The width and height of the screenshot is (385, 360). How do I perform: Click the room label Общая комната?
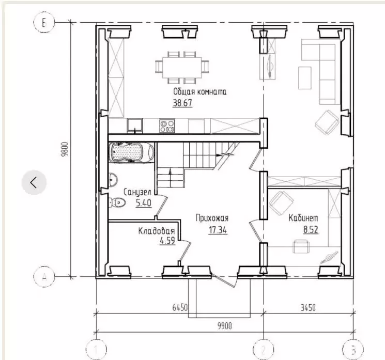[x=199, y=92]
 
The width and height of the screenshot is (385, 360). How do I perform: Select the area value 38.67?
[x=182, y=103]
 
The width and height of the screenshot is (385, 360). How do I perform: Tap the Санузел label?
[x=137, y=192]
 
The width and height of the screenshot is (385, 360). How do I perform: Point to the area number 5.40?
[x=143, y=203]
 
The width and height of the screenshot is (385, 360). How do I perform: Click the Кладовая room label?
[x=157, y=231]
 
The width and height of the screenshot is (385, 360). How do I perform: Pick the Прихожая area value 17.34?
[x=218, y=230]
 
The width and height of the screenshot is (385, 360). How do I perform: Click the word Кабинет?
[x=303, y=218]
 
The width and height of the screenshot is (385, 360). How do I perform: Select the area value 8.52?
[x=311, y=230]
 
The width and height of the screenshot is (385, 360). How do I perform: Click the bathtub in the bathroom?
[x=131, y=152]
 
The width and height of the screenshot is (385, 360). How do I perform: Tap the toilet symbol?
[x=117, y=202]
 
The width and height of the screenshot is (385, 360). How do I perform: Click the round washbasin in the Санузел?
[x=113, y=180]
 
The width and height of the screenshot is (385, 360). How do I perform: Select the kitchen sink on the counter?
[x=134, y=126]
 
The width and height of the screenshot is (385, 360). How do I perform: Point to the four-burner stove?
[x=167, y=126]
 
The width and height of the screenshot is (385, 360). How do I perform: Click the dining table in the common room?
[x=182, y=68]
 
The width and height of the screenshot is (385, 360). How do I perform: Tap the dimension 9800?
[x=65, y=149]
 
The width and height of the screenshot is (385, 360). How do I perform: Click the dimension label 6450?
[x=180, y=307]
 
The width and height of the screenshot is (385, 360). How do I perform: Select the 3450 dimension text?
[x=308, y=307]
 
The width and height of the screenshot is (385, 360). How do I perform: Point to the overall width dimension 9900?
[x=224, y=326]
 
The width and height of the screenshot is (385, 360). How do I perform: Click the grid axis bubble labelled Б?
[x=44, y=23]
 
